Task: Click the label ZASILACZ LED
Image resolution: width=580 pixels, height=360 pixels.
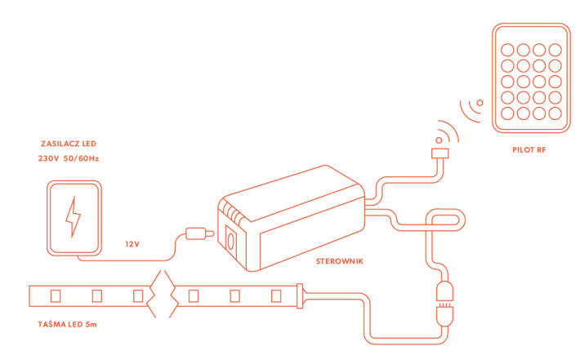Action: click(69, 143)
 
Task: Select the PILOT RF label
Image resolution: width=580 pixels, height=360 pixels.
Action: click(530, 150)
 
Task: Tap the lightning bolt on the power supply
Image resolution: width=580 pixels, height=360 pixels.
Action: click(74, 216)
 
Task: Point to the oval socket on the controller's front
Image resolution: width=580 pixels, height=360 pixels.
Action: click(230, 242)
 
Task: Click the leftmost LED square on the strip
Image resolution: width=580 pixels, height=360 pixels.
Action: click(56, 294)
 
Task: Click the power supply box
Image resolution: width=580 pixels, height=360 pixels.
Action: click(74, 216)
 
